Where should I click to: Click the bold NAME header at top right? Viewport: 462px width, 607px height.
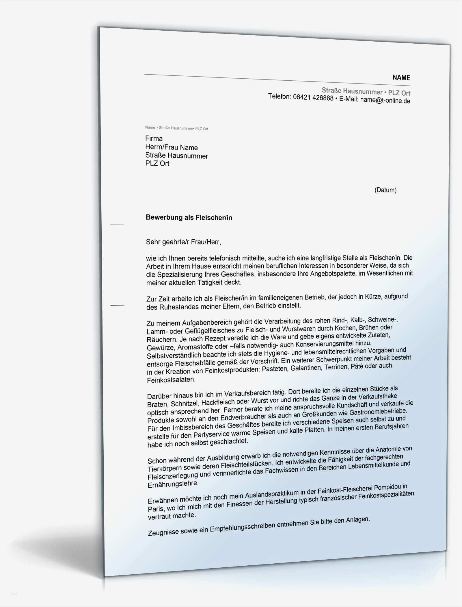pos(401,77)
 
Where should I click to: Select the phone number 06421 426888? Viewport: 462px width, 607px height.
pos(313,98)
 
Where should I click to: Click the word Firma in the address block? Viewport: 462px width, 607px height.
pos(154,138)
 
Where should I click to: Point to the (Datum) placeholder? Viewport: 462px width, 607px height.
pos(385,190)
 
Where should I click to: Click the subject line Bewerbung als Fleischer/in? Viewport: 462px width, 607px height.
pos(189,218)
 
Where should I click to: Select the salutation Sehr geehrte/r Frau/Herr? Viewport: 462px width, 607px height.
pos(183,242)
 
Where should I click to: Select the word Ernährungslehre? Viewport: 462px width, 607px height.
pos(173,484)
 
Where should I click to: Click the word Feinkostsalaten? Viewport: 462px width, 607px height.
pos(171,380)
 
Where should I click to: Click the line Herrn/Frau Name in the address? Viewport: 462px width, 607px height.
pos(172,147)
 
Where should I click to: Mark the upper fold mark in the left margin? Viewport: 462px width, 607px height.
pos(117,225)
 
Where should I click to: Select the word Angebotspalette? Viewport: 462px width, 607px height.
pos(332,273)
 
